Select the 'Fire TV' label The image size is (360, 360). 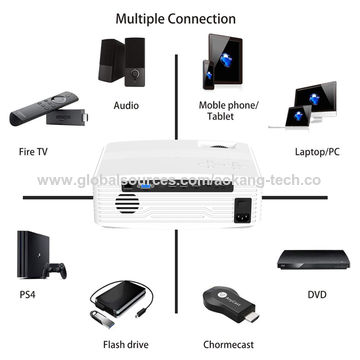coord(34,152)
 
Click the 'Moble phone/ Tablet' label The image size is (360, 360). coord(227,109)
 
